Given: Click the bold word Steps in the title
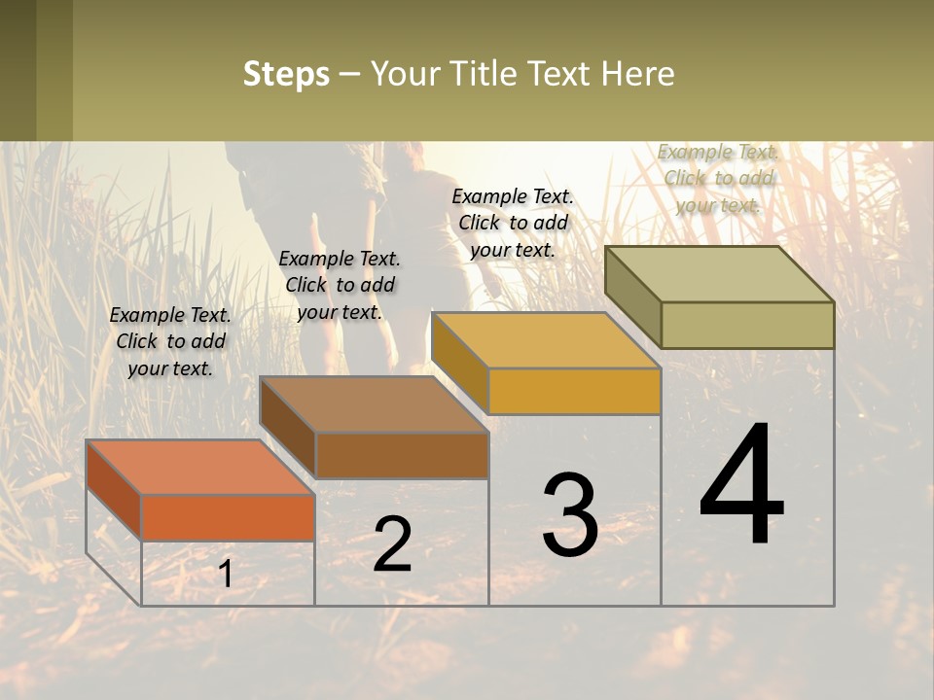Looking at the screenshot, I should tap(286, 74).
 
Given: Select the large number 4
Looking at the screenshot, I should tap(741, 486).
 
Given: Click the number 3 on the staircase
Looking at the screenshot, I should tap(570, 515).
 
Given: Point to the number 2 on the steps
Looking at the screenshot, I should tap(392, 544).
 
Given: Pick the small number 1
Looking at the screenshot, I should tap(225, 575).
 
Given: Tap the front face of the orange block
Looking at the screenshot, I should tap(228, 517).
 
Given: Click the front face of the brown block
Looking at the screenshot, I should tap(402, 455).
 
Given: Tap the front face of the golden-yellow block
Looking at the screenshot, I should tap(574, 391).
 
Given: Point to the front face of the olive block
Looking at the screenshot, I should tap(747, 325).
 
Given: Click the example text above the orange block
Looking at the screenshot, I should tap(170, 341).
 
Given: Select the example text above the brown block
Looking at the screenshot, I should tap(340, 285).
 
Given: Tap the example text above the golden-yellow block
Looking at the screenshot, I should tap(513, 223).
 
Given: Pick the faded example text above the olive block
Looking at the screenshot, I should tap(718, 178).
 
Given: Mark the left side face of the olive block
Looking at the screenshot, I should tap(632, 296).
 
